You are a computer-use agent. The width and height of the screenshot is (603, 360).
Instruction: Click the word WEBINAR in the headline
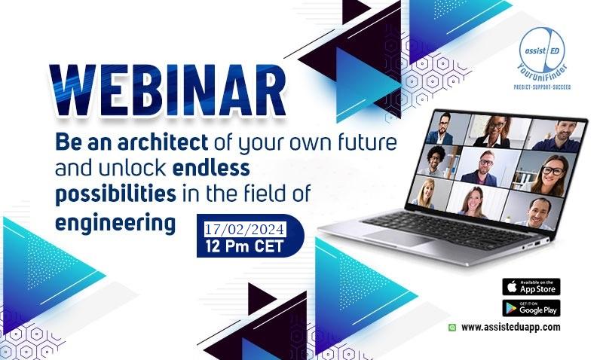(167, 90)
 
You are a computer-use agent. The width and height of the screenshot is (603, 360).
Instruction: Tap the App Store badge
(531, 287)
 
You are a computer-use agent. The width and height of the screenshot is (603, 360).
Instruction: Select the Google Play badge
(531, 308)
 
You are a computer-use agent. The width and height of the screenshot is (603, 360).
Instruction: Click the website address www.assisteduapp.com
(511, 328)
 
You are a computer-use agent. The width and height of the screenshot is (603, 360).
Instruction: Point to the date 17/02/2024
(244, 230)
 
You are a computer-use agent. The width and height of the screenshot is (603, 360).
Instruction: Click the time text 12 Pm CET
(244, 246)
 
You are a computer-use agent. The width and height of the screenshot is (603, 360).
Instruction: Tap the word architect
(163, 142)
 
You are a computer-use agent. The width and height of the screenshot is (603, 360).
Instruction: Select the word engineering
(115, 223)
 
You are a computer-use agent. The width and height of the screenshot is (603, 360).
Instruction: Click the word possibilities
(116, 194)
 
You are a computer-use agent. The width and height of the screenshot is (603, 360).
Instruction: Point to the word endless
(211, 168)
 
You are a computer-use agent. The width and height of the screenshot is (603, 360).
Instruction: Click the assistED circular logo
(542, 50)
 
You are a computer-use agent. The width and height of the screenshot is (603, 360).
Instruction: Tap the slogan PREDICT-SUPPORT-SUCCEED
(542, 87)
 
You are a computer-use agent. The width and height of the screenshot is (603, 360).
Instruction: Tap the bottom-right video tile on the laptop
(533, 211)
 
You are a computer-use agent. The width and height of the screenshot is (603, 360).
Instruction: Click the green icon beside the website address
(452, 328)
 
